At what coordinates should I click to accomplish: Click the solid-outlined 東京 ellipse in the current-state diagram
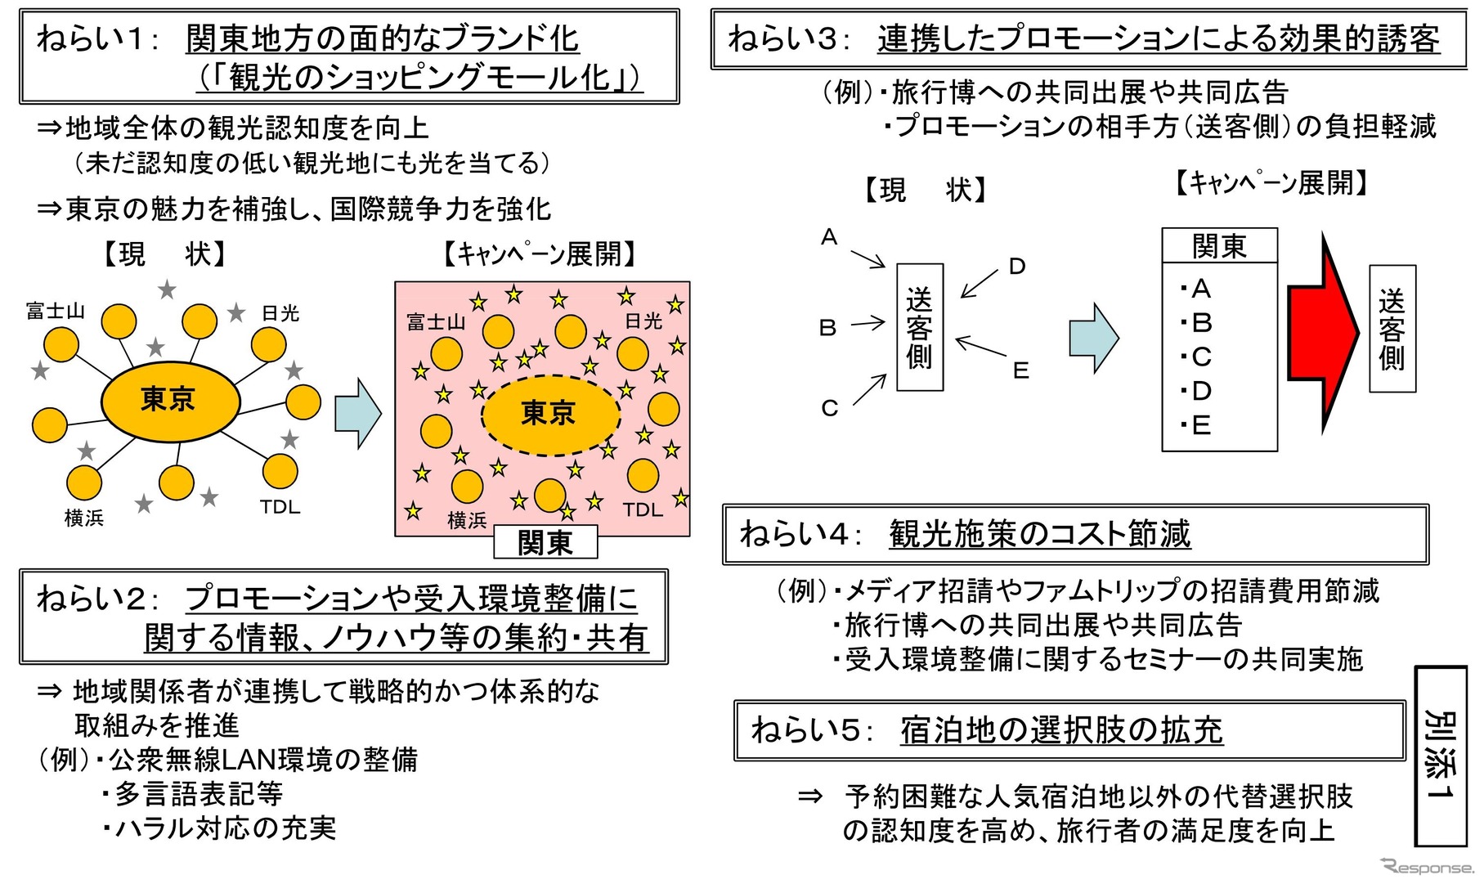pos(170,400)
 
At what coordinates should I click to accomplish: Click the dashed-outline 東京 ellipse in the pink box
pos(549,415)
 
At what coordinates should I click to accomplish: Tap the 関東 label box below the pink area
pos(545,542)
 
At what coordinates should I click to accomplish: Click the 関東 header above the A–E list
pos(1219,245)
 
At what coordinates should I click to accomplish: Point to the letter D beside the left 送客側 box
pos(1016,267)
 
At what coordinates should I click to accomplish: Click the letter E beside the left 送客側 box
pos(1020,370)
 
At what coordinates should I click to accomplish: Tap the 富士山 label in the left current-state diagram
pos(55,311)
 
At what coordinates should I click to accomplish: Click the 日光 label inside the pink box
pos(643,321)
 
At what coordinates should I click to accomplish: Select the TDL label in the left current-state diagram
pos(280,507)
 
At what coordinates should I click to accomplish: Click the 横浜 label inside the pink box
pos(467,520)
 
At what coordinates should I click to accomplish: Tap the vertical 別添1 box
pos(1440,756)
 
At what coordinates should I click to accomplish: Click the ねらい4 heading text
pos(965,534)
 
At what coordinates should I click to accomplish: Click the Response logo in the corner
pos(1428,867)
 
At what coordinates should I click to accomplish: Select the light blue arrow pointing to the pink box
pos(357,412)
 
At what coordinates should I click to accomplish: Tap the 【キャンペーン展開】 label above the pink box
pos(540,254)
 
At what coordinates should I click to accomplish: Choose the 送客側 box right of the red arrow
pos(1392,329)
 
